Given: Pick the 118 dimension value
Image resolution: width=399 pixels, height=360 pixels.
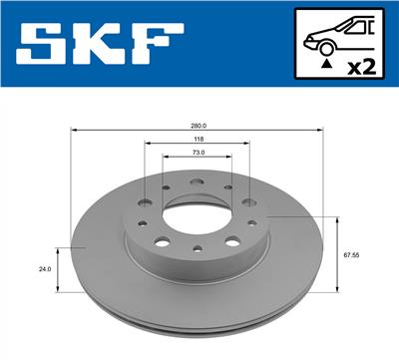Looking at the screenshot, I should tap(198, 139).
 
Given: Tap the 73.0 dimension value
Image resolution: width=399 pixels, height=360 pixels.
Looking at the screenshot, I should tap(198, 154).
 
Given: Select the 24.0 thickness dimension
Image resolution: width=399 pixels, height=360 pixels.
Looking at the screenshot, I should tap(44, 268).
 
